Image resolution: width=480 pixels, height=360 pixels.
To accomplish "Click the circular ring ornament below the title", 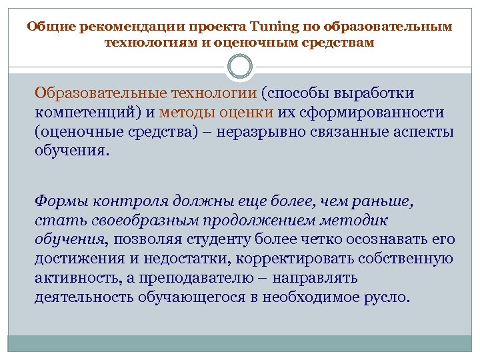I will click(x=240, y=67).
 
